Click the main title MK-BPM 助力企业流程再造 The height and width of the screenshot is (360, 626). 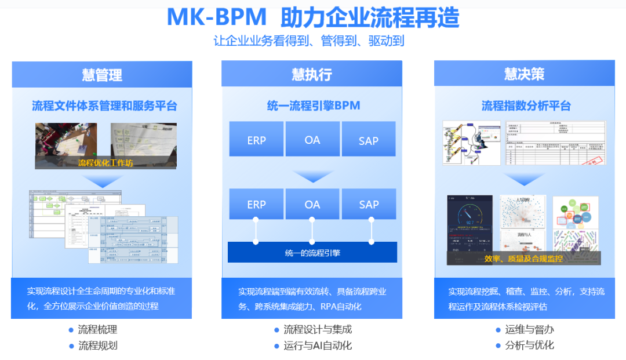[x=313, y=17]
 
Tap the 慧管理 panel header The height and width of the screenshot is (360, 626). [x=102, y=75]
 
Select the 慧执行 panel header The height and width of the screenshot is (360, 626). [x=312, y=75]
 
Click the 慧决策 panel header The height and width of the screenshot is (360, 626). [x=524, y=74]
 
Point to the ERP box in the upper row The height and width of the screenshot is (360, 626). [x=256, y=140]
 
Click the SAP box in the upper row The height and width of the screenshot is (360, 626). [x=369, y=140]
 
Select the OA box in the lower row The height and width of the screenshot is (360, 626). [x=312, y=204]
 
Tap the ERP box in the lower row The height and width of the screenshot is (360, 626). [x=256, y=204]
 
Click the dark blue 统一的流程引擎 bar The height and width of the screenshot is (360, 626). [x=312, y=252]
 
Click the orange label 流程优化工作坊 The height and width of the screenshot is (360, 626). [x=105, y=163]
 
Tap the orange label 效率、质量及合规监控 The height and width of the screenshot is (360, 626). [x=523, y=259]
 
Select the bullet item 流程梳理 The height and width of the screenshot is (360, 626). [x=97, y=329]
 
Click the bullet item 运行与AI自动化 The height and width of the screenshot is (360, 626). [x=318, y=346]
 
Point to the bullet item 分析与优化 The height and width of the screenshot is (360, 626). [x=529, y=345]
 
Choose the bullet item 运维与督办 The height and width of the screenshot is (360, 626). [x=529, y=329]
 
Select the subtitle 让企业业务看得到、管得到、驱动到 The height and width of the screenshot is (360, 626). [x=309, y=41]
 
